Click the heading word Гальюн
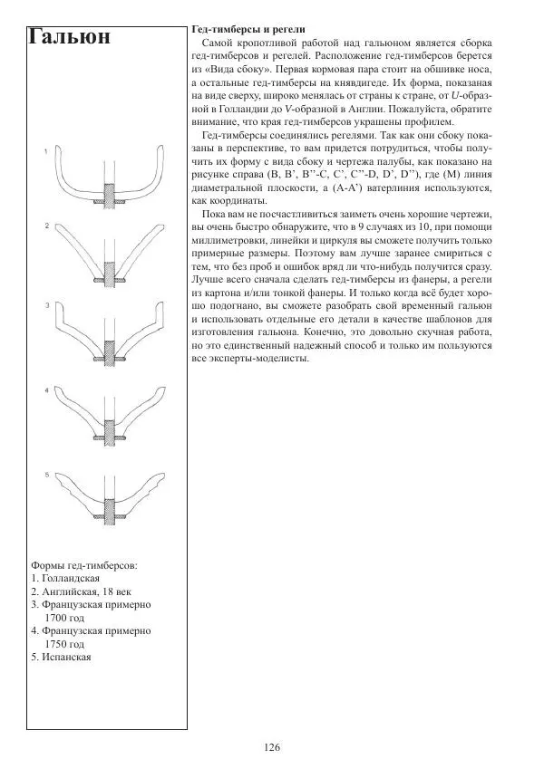tap(70, 37)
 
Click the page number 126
tap(272, 747)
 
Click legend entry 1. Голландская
tap(64, 577)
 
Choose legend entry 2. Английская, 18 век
tap(80, 591)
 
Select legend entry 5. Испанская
tap(61, 657)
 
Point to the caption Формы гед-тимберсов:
tap(84, 564)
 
